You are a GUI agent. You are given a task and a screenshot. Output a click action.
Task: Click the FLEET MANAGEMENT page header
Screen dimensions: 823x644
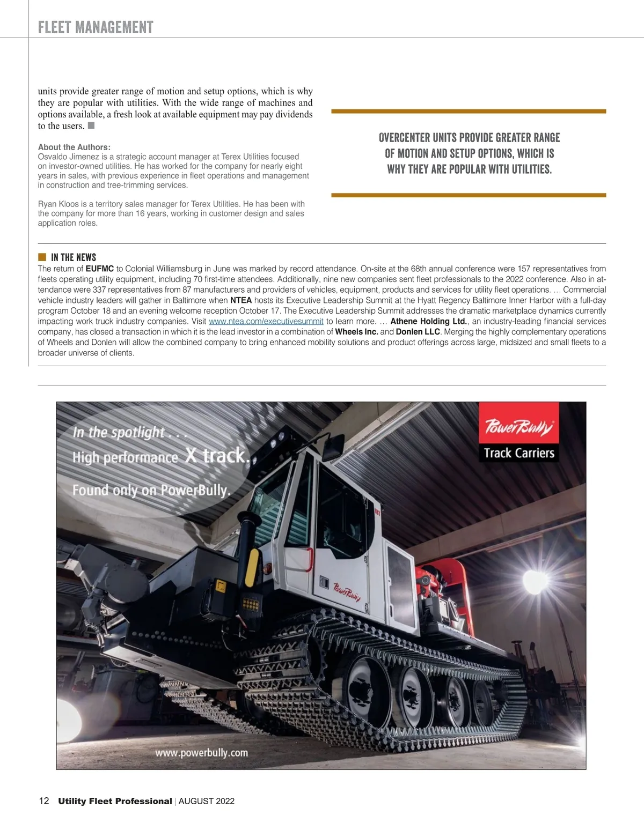pyautogui.click(x=96, y=27)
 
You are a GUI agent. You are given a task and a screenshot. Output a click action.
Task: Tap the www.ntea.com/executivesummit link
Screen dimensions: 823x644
pyautogui.click(x=266, y=321)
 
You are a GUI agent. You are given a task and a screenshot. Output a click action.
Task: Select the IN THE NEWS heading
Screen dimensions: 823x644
pyautogui.click(x=74, y=257)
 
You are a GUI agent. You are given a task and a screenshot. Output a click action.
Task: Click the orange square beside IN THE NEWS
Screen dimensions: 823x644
pyautogui.click(x=42, y=257)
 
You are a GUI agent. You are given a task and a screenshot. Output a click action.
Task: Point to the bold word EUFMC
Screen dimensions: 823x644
pyautogui.click(x=100, y=269)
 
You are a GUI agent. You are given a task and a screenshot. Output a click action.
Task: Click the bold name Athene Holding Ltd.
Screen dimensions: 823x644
pyautogui.click(x=428, y=321)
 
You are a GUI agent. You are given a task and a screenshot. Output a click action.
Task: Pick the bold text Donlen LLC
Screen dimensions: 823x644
pyautogui.click(x=418, y=332)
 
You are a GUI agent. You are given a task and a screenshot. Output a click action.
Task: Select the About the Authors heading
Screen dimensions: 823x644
pyautogui.click(x=74, y=147)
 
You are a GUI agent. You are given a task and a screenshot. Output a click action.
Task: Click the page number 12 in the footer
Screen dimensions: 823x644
pyautogui.click(x=43, y=801)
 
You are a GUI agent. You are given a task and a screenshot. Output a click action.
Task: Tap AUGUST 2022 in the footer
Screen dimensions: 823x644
pyautogui.click(x=207, y=801)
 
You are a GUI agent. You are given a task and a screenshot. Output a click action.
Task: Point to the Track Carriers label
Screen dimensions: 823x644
pyautogui.click(x=518, y=453)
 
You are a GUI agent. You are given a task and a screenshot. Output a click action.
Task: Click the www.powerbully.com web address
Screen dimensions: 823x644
pyautogui.click(x=201, y=753)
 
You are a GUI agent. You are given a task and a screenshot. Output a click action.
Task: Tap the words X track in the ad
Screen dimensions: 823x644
pyautogui.click(x=216, y=456)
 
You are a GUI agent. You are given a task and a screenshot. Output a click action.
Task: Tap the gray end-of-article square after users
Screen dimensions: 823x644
pyautogui.click(x=91, y=125)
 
